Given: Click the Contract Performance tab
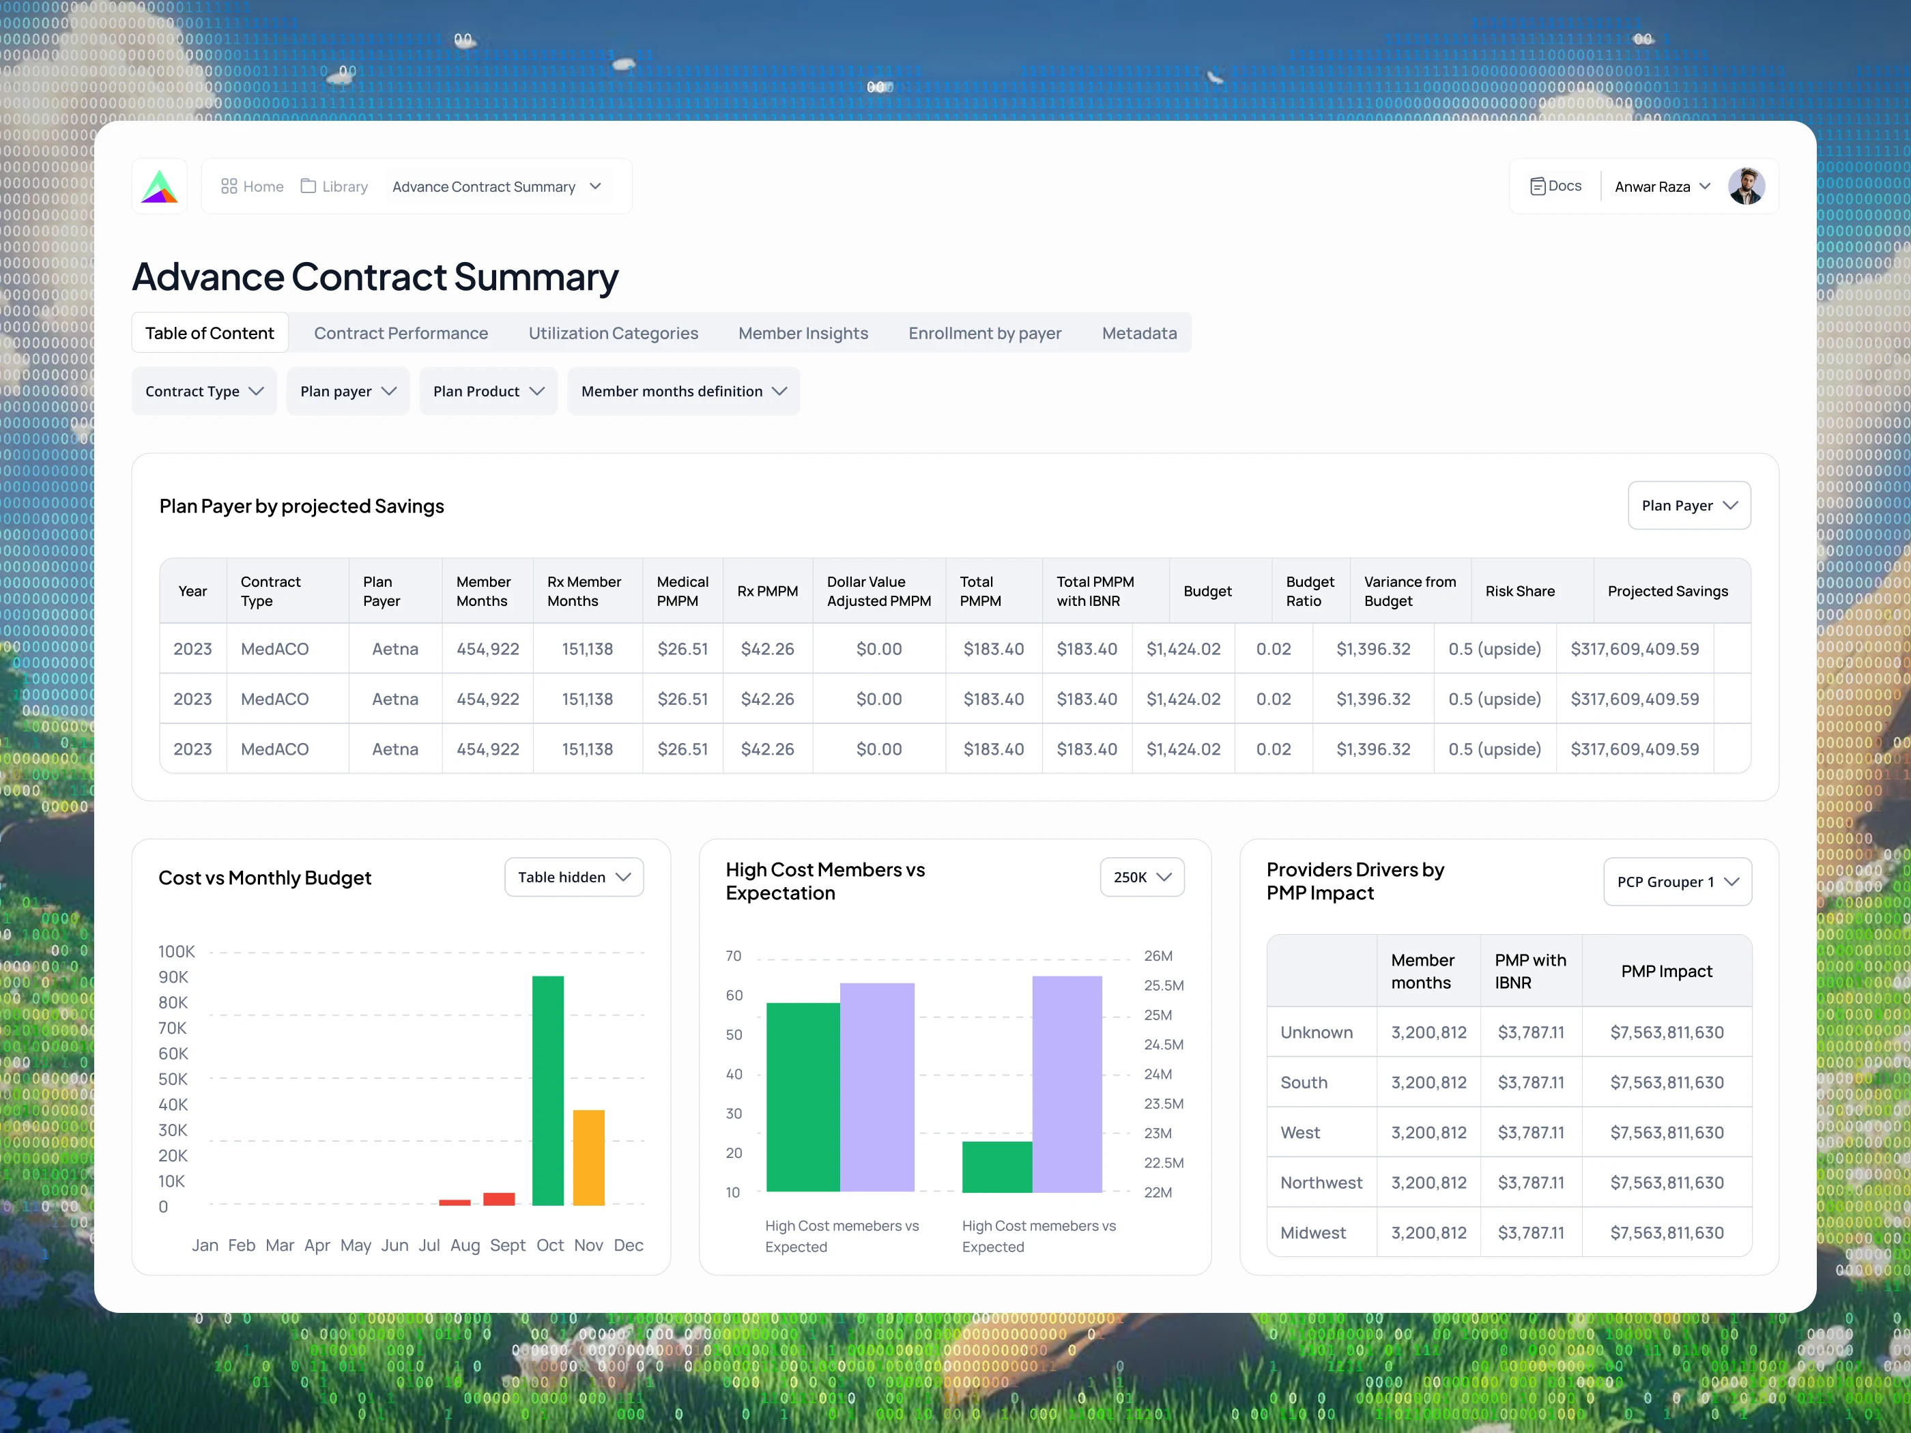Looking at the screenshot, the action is point(401,334).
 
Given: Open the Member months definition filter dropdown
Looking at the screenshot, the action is point(683,391).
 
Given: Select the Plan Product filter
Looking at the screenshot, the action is point(488,391).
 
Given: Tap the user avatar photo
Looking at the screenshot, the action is point(1746,186).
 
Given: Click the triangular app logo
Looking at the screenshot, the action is point(160,186).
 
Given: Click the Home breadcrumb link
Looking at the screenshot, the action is point(253,186).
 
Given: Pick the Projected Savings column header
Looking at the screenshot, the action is point(1667,591).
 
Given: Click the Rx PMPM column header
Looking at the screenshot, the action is point(767,591).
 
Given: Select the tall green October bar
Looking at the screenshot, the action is point(548,1090).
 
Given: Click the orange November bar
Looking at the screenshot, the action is point(588,1157).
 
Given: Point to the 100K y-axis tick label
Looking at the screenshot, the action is point(176,952).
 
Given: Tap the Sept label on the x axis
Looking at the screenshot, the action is point(507,1245).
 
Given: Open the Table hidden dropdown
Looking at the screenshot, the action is point(574,878).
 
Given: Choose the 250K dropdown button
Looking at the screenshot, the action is point(1142,878).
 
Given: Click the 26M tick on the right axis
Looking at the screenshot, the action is point(1158,956).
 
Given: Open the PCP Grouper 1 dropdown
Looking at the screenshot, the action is point(1677,882).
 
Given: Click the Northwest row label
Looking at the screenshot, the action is point(1321,1183).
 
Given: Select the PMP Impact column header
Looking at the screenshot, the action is point(1667,971).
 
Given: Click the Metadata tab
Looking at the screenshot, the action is point(1138,334).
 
